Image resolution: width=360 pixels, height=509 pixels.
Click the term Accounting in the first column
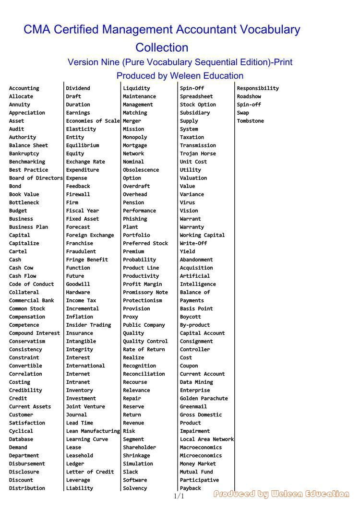click(x=24, y=88)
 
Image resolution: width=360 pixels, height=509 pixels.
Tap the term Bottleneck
click(x=24, y=202)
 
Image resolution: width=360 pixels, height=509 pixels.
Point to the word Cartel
click(x=18, y=251)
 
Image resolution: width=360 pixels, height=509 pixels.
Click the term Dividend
click(x=78, y=88)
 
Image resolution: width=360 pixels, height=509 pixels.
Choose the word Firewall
click(x=78, y=194)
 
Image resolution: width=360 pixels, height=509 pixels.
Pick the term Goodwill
click(x=78, y=284)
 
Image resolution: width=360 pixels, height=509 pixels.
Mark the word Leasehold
click(x=80, y=455)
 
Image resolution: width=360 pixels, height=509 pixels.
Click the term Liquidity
click(x=136, y=88)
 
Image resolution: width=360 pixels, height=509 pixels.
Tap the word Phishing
click(x=135, y=219)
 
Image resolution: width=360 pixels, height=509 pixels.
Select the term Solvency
click(x=135, y=488)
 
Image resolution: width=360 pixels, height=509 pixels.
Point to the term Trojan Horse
click(x=198, y=154)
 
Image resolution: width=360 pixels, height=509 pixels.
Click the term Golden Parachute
click(x=204, y=398)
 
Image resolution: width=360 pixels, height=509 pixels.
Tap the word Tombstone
click(x=250, y=121)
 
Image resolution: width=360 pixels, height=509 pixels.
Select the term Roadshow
click(x=249, y=96)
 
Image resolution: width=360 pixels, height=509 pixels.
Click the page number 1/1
click(x=179, y=496)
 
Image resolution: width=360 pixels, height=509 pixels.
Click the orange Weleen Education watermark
click(x=281, y=494)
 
